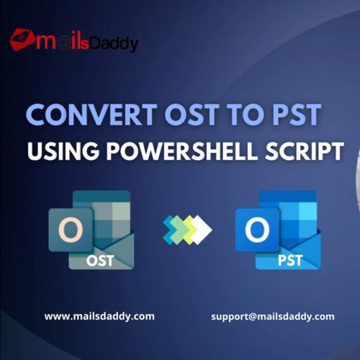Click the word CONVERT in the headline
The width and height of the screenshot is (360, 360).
(91, 114)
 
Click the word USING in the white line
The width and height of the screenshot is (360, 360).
(63, 151)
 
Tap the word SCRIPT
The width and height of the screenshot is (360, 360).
(305, 151)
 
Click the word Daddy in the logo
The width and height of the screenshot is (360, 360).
(114, 45)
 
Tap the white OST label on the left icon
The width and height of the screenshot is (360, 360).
(100, 261)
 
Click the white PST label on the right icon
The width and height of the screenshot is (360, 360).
(290, 261)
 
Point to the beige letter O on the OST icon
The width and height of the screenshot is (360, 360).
(71, 230)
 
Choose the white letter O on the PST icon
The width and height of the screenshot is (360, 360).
(257, 230)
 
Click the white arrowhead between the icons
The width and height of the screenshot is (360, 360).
(203, 230)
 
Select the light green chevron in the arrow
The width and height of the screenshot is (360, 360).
(178, 230)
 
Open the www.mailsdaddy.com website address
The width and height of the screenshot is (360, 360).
(99, 316)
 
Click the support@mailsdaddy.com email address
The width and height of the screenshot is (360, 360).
(273, 317)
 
